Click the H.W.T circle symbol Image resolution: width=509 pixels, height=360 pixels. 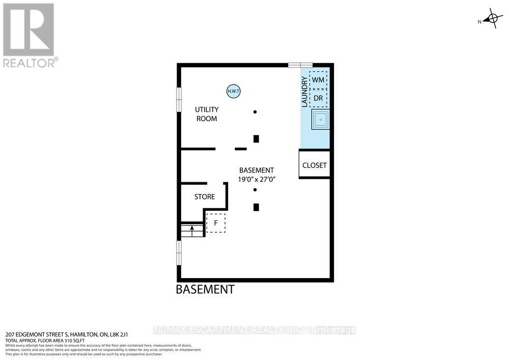pos(233,92)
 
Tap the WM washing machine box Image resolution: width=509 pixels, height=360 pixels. pos(318,80)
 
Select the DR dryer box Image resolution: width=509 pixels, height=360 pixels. pos(318,98)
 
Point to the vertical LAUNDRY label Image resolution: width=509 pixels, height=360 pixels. pos(305,92)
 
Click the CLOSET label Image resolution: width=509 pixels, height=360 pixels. pos(315,165)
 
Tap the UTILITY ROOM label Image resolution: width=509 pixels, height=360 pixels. pos(207,114)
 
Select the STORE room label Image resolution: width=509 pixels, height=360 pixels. pos(205,197)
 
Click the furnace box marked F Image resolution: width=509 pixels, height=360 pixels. pos(216,223)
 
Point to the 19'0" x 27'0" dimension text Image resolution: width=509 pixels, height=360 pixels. pos(257,179)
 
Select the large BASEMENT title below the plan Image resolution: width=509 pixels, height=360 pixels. pos(205,290)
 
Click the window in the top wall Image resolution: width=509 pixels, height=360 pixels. pos(300,65)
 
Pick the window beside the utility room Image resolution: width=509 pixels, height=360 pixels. pos(179,99)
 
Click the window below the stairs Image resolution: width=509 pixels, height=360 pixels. pos(179,253)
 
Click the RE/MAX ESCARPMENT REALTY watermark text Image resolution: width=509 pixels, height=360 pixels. pos(254,330)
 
